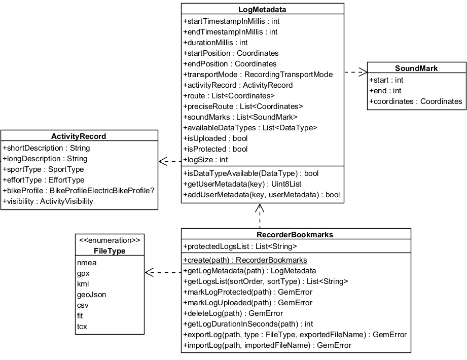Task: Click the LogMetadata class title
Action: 262,9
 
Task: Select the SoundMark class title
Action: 416,68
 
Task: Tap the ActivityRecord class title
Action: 79,136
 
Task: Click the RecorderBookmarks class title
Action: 295,235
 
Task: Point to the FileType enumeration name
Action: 110,251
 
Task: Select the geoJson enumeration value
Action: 92,295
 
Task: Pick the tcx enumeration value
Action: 82,327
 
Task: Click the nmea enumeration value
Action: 87,263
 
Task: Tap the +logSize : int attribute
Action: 205,160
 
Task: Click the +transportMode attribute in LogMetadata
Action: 258,75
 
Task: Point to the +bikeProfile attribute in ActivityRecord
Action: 79,191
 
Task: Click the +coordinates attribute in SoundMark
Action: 415,101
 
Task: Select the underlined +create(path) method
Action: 245,260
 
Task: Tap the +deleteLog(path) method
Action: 233,313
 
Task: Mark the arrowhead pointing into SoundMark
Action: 363,72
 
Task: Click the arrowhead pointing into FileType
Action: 149,273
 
